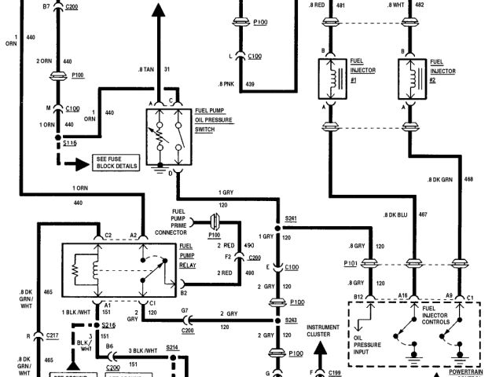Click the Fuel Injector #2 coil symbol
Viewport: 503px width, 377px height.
click(410, 77)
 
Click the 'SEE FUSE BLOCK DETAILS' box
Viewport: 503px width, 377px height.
click(116, 163)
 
